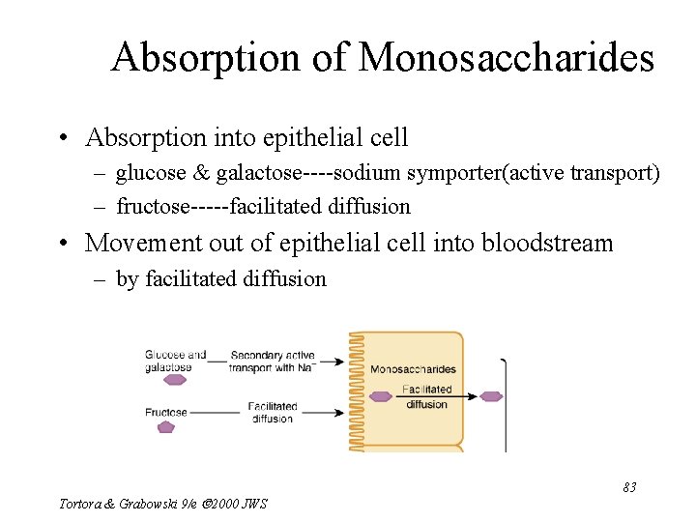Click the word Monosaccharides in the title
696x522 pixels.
(x=507, y=58)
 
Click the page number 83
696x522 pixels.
(x=628, y=487)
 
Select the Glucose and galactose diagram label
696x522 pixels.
(x=175, y=361)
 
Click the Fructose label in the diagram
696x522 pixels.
(x=165, y=413)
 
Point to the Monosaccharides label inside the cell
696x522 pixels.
(x=413, y=369)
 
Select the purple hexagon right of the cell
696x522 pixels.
(x=491, y=395)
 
